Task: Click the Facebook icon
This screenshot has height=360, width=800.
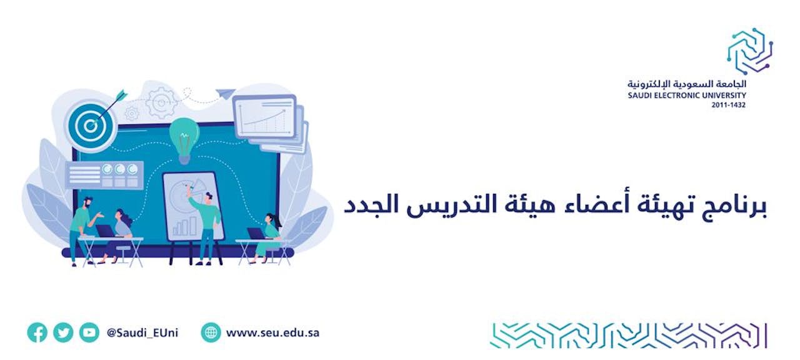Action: coord(37,332)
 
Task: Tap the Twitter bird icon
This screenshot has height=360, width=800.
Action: coord(63,332)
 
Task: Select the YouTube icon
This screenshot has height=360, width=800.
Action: coord(89,332)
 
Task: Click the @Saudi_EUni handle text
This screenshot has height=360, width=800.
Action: coord(142,333)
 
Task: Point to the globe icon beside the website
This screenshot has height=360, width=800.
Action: coord(211,332)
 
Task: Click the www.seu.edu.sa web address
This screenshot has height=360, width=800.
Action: coord(272,333)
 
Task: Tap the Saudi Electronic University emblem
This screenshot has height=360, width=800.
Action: coord(749,51)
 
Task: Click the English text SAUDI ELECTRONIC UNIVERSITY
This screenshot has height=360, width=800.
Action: coord(687,96)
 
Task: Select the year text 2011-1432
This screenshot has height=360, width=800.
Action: coord(728,105)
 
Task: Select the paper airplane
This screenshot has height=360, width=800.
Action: coord(226,94)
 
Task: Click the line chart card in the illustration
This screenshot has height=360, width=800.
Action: coord(264,116)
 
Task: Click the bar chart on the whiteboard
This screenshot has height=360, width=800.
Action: coord(184,226)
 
